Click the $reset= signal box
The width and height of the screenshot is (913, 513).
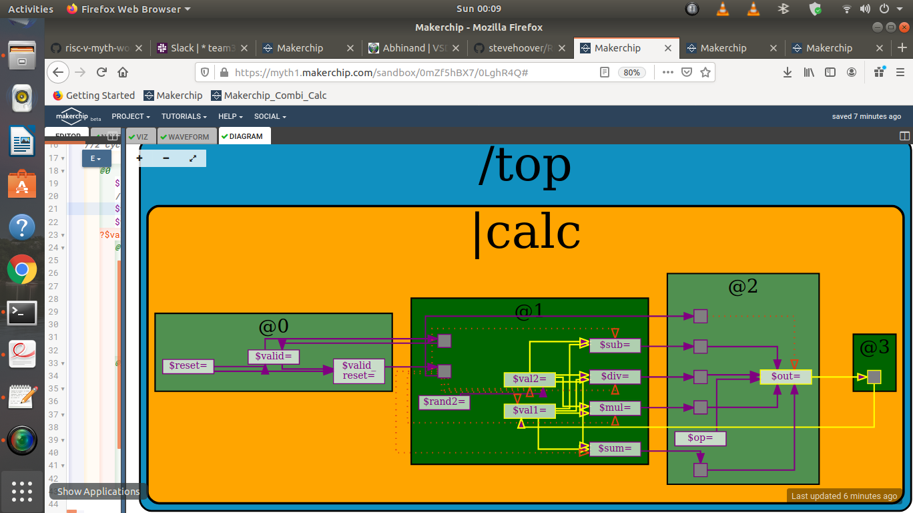pos(188,366)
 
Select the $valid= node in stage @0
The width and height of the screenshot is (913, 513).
pos(274,357)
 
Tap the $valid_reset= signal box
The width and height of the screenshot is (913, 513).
pos(358,371)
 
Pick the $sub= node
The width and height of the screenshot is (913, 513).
pos(615,345)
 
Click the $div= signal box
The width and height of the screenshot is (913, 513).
pos(615,377)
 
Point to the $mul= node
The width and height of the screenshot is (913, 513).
pos(615,408)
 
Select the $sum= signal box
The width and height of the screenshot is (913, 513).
pos(615,448)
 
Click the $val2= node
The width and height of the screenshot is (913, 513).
pos(529,379)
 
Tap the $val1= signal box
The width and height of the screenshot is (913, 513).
pos(529,410)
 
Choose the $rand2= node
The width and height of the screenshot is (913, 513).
pos(444,402)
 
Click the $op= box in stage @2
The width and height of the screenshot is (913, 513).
pos(699,439)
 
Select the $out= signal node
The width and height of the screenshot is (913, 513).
pos(786,377)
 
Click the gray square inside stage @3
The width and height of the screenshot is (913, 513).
pos(874,377)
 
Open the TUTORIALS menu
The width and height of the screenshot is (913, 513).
pos(184,116)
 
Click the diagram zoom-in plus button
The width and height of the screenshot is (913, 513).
pos(139,158)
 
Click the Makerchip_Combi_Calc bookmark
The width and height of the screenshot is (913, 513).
pos(269,96)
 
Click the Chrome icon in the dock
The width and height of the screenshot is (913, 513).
pos(22,270)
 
